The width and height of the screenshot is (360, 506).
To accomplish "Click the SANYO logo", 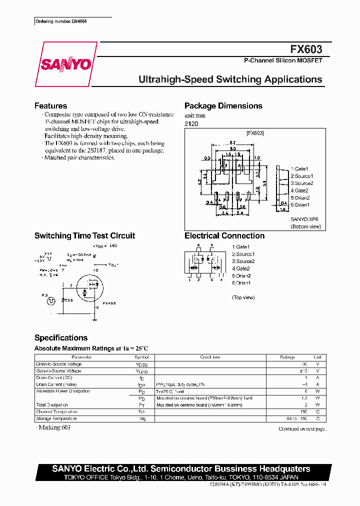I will click(x=65, y=64).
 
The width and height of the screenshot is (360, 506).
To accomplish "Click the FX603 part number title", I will click(x=306, y=49).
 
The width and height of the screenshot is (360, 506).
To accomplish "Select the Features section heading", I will click(x=50, y=106).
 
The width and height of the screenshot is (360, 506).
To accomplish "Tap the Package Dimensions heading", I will click(x=223, y=106).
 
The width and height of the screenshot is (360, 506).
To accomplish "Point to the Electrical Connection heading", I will click(x=224, y=236).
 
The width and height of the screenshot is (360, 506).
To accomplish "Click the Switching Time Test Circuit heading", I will click(x=84, y=236).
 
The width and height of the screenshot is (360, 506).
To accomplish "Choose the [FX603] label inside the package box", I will click(x=255, y=133).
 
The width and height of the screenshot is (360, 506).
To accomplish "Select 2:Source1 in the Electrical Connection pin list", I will click(x=243, y=254).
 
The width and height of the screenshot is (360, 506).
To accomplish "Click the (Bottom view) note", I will click(x=305, y=227).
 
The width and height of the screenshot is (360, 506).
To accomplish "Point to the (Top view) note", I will click(x=243, y=297).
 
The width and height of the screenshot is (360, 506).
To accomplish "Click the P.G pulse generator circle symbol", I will click(x=50, y=301).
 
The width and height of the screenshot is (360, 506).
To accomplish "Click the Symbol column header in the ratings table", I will click(x=141, y=357).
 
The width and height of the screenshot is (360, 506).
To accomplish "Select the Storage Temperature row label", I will click(x=56, y=418).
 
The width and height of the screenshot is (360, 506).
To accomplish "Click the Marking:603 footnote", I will click(x=50, y=428).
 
